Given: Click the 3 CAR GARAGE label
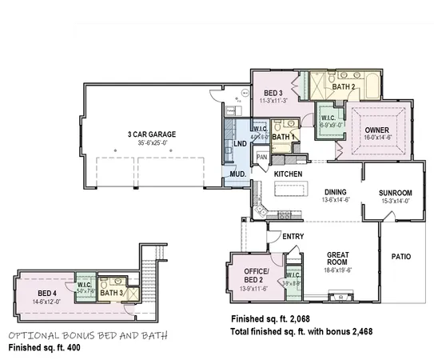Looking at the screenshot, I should click(x=151, y=134).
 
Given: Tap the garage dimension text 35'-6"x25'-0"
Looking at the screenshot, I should click(x=151, y=143).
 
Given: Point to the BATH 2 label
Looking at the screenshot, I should click(x=344, y=86).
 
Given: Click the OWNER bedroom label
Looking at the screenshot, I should click(x=377, y=130).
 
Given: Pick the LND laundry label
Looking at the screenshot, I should click(x=240, y=144).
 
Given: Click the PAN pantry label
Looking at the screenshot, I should click(x=261, y=157).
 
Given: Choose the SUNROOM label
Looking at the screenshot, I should click(x=395, y=193).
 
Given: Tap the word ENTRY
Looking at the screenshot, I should click(x=293, y=236).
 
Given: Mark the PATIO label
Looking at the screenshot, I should click(x=400, y=257).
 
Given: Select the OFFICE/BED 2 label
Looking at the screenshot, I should click(x=257, y=276).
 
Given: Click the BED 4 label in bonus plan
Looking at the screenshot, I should click(x=47, y=293).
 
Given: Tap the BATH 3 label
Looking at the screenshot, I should click(x=111, y=294).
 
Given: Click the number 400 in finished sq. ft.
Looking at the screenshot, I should click(x=72, y=349).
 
